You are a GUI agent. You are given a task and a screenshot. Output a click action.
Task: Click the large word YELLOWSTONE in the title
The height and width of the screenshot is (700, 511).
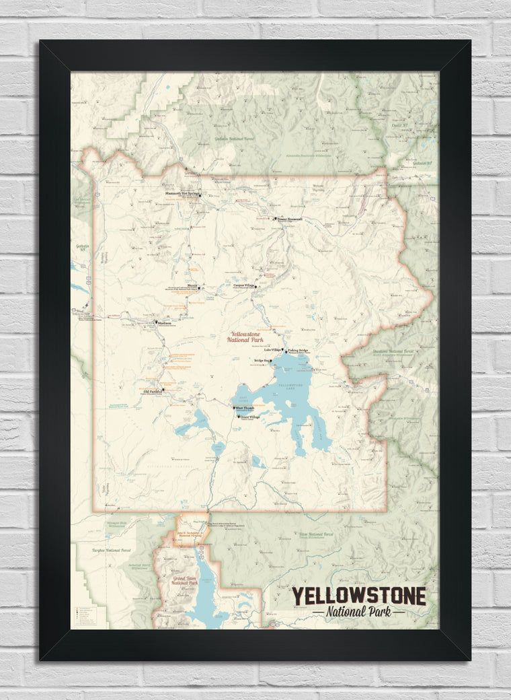358,596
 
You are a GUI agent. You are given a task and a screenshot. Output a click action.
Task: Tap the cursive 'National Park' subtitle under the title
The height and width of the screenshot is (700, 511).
358,612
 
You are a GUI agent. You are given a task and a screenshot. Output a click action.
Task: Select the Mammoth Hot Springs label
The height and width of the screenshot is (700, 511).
182,193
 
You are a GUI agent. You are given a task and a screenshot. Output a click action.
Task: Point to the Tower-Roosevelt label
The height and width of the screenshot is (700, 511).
290,219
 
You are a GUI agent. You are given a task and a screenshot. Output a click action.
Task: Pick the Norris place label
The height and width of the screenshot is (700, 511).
192,285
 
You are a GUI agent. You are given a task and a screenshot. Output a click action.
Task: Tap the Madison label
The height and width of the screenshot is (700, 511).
165,322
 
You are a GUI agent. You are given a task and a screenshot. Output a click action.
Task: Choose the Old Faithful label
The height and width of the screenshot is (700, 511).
153,390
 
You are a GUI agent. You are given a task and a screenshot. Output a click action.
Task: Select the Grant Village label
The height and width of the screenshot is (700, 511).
249,417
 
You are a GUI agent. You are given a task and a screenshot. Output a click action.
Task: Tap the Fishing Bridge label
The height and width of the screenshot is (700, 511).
298,351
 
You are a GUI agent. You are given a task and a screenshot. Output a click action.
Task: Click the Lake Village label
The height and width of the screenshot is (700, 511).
272,350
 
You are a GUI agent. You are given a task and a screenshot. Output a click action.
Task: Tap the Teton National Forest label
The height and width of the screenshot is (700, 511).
315,534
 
